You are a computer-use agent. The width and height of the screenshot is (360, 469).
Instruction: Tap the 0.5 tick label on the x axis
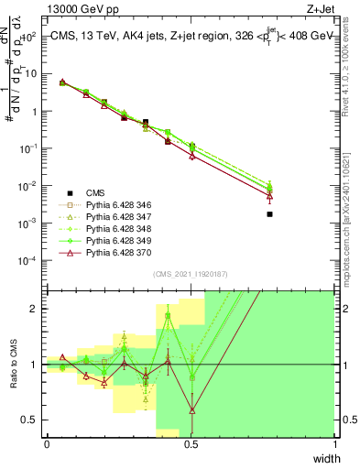tap(191, 444)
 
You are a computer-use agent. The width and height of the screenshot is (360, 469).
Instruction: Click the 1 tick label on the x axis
tap(334, 444)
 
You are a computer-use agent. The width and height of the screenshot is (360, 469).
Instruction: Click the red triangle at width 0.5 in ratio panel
tap(191, 410)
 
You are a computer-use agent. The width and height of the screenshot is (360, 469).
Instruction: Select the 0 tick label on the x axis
tap(47, 444)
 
